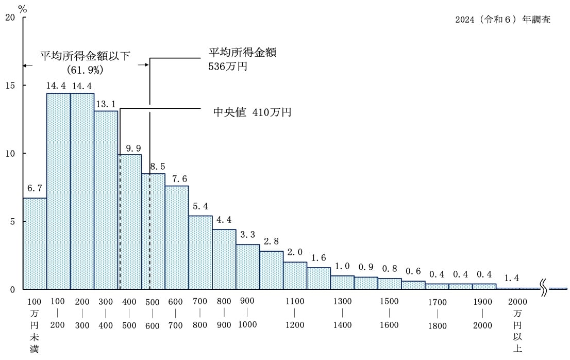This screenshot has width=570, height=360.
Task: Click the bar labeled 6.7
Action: pos(35,243)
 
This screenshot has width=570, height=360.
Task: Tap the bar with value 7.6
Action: pos(177,237)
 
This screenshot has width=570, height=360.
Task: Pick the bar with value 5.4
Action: pos(200,252)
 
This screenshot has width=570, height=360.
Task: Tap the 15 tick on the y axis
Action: pos(11,85)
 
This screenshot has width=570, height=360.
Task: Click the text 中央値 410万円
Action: pos(252,112)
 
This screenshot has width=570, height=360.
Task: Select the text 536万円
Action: pos(228,66)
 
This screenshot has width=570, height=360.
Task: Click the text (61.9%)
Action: pos(86,69)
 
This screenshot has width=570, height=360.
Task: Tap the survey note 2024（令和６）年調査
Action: pos(502,20)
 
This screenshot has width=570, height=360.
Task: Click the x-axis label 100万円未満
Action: pos(34,325)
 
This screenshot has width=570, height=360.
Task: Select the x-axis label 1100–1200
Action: pos(294,313)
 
